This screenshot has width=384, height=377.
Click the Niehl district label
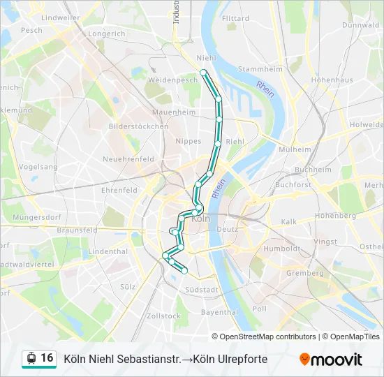click(x=206, y=58)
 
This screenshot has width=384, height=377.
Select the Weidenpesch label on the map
click(x=173, y=80)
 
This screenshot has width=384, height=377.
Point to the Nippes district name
click(x=189, y=140)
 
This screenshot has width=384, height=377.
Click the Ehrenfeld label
click(x=119, y=190)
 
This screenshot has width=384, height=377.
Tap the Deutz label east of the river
click(x=228, y=229)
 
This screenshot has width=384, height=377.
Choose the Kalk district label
click(x=289, y=222)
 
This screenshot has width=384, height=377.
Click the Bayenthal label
click(x=220, y=312)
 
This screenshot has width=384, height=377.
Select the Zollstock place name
click(x=164, y=316)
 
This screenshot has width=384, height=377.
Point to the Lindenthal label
click(x=109, y=251)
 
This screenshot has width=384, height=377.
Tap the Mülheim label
click(x=294, y=149)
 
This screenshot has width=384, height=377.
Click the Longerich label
click(x=107, y=33)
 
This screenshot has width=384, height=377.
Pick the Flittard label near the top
click(x=235, y=18)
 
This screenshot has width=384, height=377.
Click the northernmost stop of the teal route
click(x=203, y=72)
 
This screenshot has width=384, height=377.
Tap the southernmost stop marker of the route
click(x=185, y=271)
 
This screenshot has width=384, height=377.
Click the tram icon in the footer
click(x=31, y=359)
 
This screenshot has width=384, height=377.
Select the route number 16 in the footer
click(x=47, y=358)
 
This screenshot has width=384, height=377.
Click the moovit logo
click(x=331, y=359)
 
